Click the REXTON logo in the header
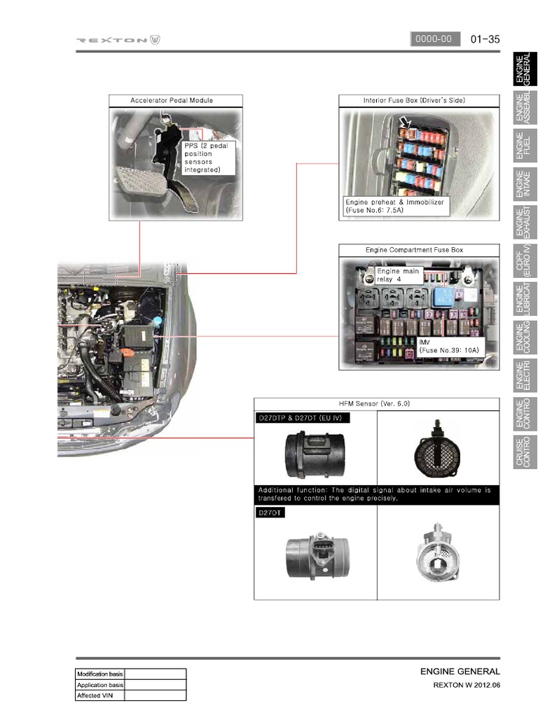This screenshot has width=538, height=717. click(118, 40)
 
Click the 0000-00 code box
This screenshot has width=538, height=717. click(434, 39)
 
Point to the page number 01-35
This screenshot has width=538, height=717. click(485, 39)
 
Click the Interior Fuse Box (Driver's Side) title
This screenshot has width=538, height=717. click(414, 101)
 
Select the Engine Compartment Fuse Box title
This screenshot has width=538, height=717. click(414, 250)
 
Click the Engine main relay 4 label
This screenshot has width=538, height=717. click(398, 275)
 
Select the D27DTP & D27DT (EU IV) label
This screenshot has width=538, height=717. click(302, 418)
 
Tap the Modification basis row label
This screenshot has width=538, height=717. click(100, 674)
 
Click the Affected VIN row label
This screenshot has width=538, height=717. click(100, 695)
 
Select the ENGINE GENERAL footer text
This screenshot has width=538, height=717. click(460, 671)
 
